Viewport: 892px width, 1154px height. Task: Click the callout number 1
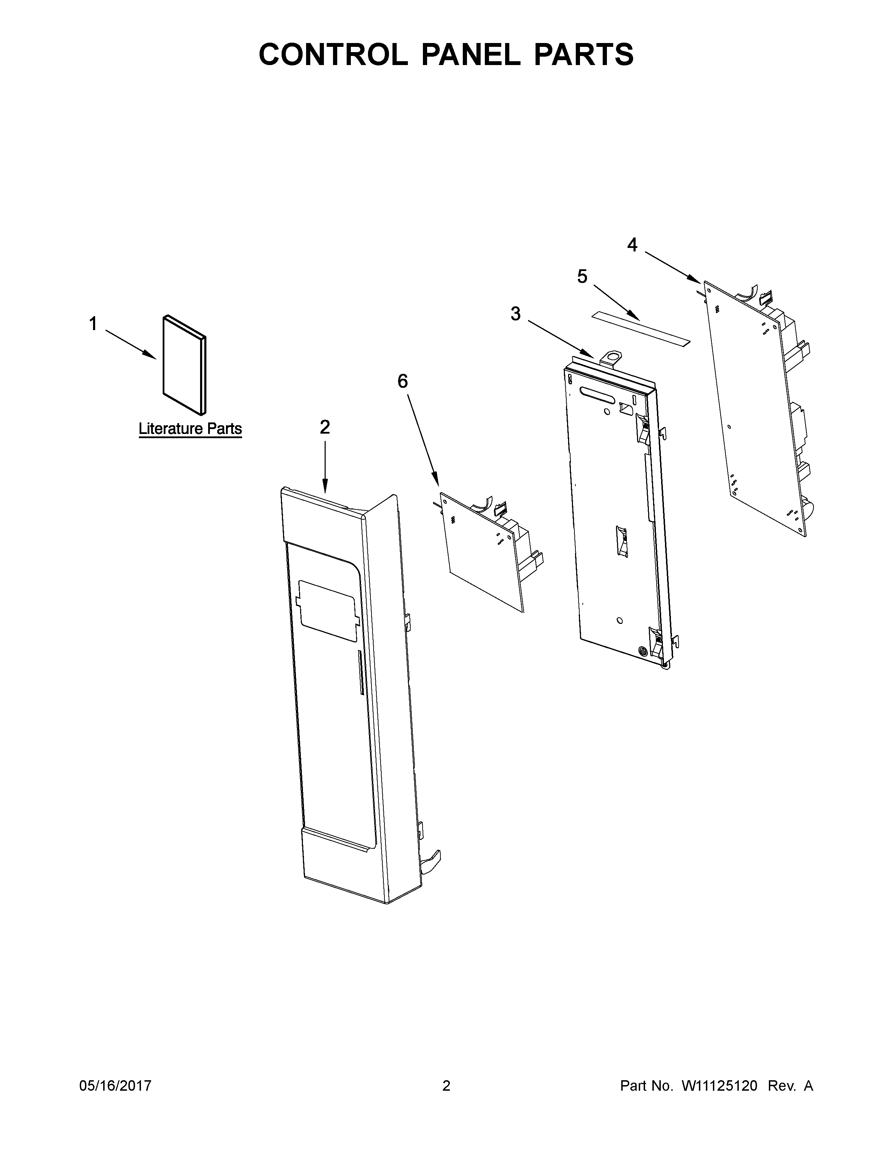93,323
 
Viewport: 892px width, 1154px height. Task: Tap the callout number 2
325,427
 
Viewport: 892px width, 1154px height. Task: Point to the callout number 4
632,245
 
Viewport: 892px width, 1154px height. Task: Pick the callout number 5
582,276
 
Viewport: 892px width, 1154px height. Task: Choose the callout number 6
403,381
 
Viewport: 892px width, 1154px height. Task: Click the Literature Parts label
190,428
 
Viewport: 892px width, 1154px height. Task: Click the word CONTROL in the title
333,55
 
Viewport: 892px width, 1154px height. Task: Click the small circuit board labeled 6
481,552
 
